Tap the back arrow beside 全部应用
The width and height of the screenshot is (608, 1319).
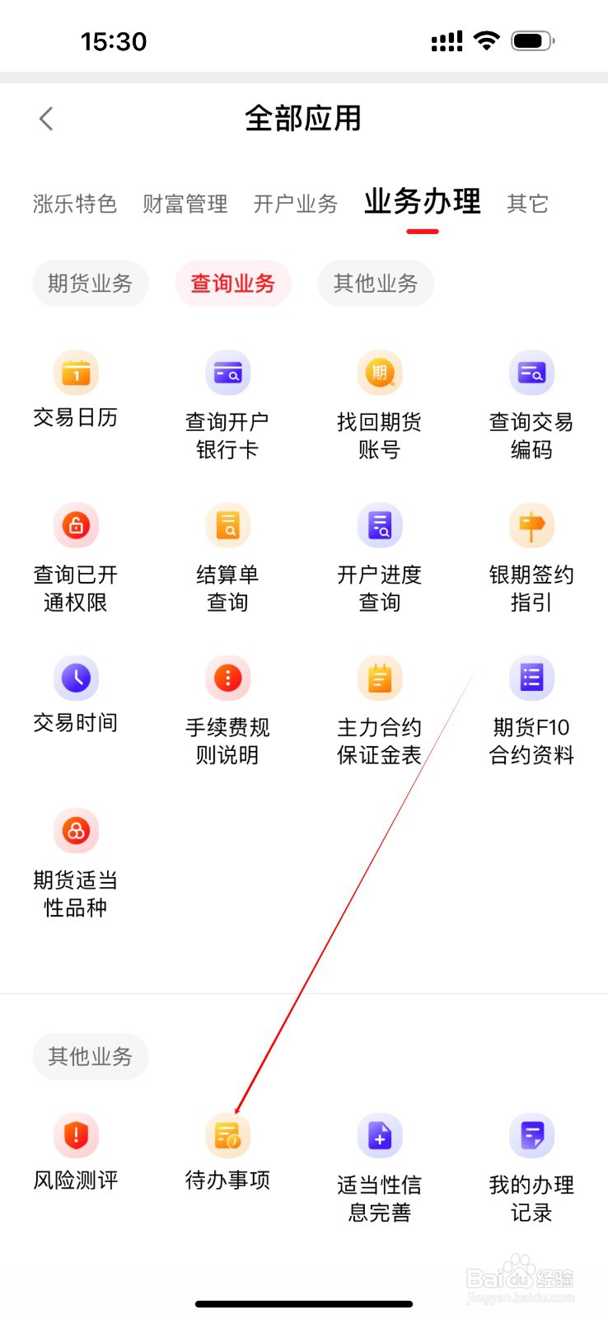point(46,119)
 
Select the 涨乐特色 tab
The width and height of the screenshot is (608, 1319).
point(75,204)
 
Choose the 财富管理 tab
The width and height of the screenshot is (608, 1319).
point(185,204)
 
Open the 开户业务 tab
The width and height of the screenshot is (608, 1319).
point(296,204)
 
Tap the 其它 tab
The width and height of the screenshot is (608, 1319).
point(527,204)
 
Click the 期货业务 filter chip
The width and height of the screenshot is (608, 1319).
point(90,284)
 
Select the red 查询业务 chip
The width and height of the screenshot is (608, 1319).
point(233,284)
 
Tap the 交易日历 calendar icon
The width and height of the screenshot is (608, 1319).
point(76,373)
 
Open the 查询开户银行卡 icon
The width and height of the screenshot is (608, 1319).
point(227,373)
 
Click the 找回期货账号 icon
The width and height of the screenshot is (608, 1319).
point(379,373)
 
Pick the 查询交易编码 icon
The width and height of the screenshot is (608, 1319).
point(531,373)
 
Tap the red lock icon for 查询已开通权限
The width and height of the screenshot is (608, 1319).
point(76,525)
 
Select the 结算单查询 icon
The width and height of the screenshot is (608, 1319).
point(227,525)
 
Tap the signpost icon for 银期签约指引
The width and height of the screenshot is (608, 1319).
point(531,525)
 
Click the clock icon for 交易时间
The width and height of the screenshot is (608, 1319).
point(76,678)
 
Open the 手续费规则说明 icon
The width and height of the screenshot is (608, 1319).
point(227,678)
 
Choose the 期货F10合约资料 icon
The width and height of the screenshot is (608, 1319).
point(531,678)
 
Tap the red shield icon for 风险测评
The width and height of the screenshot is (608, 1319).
point(76,1135)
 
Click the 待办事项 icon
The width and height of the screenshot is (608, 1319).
point(227,1135)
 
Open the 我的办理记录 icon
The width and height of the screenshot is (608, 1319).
point(531,1135)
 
